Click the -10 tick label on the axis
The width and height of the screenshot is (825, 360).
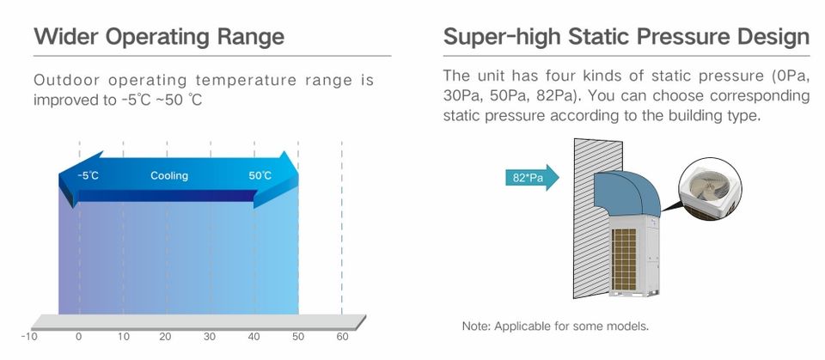pos(29,337)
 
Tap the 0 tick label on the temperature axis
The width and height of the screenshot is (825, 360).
pos(78,337)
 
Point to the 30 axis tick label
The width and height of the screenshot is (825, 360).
pos(210,337)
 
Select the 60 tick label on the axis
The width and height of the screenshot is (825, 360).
pos(343,337)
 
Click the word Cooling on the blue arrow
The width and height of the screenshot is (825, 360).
pos(169,176)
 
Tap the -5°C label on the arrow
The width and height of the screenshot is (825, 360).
pos(88,176)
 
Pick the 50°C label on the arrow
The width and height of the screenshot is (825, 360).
pos(260,176)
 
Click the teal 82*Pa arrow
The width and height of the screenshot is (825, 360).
pos(532,178)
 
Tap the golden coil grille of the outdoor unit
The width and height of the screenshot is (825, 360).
pos(625,259)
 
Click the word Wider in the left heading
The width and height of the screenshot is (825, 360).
pos(67,37)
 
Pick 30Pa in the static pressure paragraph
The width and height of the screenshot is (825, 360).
pos(460,96)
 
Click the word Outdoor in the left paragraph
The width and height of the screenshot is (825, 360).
pos(66,81)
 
